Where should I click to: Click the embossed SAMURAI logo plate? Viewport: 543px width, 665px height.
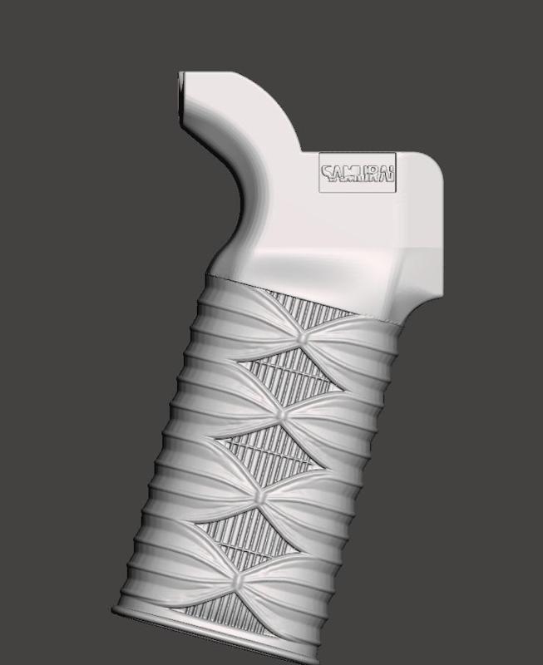358,173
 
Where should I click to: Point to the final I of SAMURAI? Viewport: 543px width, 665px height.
392,174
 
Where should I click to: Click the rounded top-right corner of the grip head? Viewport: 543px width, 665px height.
432,166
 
